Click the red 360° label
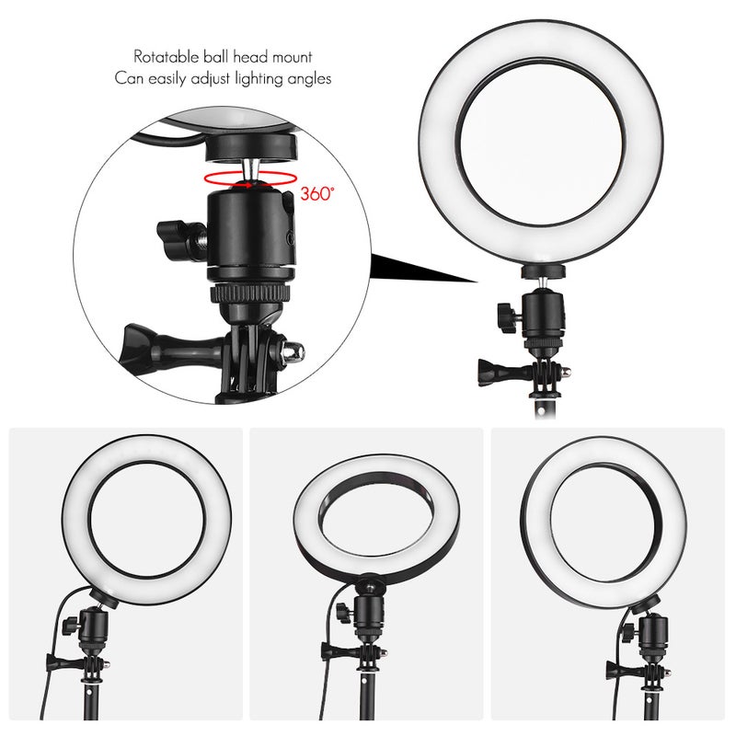tap(318, 194)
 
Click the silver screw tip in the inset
tap(295, 351)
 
